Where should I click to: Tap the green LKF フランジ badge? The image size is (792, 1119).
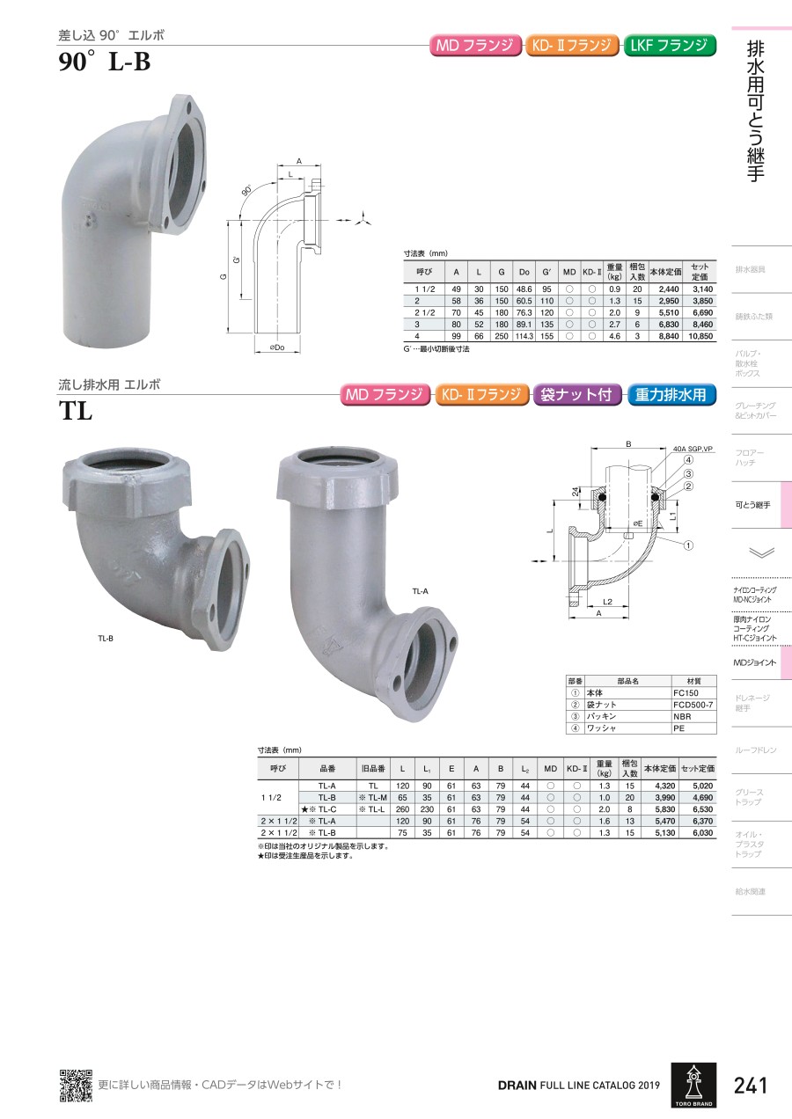tap(670, 46)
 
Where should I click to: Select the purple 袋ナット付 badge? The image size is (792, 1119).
tap(576, 395)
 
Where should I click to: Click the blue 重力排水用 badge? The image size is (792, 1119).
tap(671, 395)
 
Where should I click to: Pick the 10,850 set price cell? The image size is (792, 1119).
tap(700, 336)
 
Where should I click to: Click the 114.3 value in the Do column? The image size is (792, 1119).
tap(524, 336)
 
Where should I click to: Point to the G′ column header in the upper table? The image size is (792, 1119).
tap(547, 272)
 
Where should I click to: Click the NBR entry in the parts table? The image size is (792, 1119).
tap(682, 716)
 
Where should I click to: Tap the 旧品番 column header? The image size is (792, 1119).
tap(373, 768)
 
